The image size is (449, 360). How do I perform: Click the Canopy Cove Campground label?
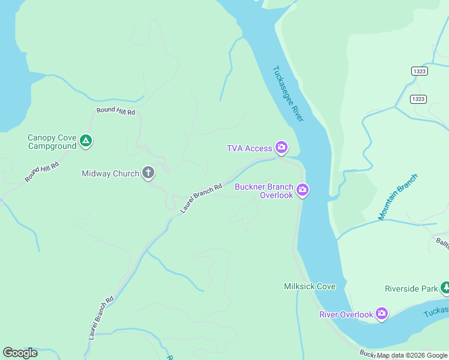point(52,142)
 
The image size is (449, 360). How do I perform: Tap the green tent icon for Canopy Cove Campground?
point(86,142)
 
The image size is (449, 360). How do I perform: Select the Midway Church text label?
point(110,174)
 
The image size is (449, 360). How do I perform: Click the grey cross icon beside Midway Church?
point(148,173)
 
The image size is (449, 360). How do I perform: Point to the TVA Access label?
point(249,148)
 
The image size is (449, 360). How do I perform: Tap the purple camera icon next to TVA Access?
point(281,147)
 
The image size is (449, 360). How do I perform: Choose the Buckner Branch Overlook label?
point(264,191)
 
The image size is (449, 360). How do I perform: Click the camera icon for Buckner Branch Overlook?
point(303,190)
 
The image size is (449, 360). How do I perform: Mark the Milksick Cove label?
point(310,286)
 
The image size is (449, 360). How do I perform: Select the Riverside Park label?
point(411,289)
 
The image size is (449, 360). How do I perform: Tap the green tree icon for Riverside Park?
point(445,289)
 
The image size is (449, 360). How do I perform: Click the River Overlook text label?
point(345,314)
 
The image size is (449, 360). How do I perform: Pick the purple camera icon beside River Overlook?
point(381,313)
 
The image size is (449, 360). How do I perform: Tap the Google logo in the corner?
point(20,353)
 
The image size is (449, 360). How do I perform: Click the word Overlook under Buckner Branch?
point(276,195)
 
